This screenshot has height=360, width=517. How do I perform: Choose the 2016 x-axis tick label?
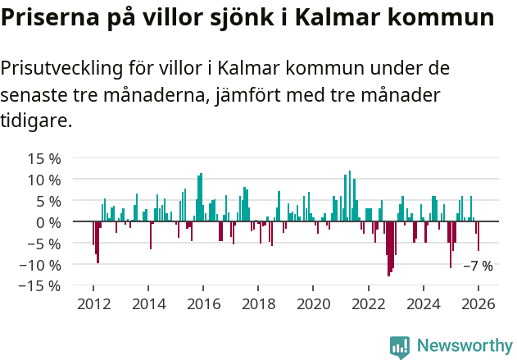203,303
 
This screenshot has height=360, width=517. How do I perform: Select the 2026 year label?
478,303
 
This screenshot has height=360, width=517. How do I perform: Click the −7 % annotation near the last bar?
478,266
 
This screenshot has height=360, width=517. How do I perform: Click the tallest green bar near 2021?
350,196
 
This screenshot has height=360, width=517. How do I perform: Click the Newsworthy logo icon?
400,346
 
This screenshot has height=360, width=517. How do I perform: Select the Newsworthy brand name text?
464,346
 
